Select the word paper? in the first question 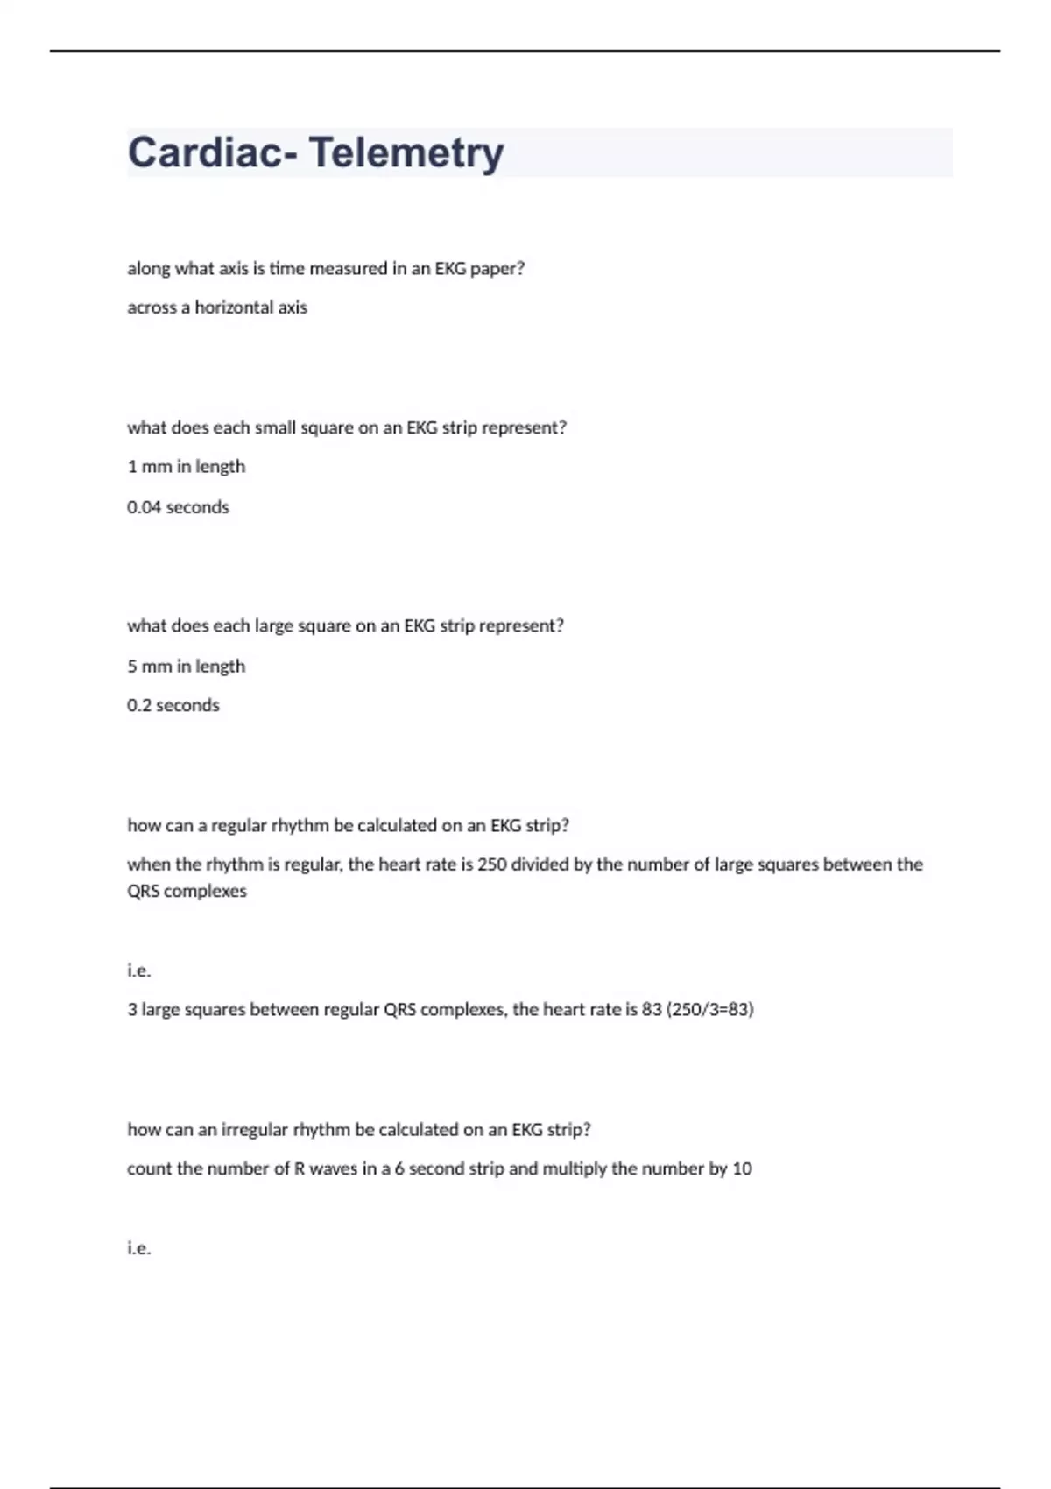tap(497, 269)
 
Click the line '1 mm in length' tap(186, 467)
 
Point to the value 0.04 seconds tap(178, 507)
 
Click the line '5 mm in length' tap(186, 667)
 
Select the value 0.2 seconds tap(173, 706)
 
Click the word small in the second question tap(275, 428)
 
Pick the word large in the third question tap(273, 626)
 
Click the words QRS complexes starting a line tap(187, 892)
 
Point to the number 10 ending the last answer tap(742, 1168)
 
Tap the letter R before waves tap(300, 1168)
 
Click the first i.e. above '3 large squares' tap(138, 970)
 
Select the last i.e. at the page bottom tap(138, 1248)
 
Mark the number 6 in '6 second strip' tap(399, 1168)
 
